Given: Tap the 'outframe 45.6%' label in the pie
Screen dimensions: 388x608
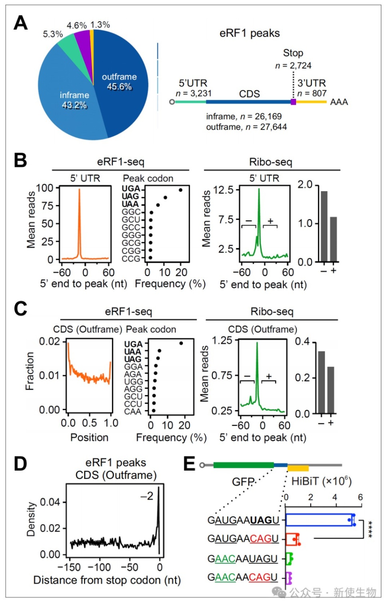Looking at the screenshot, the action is (x=119, y=82).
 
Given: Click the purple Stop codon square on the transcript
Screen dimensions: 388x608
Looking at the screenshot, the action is (x=293, y=102).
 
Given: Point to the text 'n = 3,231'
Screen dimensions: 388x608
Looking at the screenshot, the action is (x=194, y=93).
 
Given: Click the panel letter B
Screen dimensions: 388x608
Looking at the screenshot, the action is (x=20, y=160).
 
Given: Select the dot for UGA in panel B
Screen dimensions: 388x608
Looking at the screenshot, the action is (x=180, y=190).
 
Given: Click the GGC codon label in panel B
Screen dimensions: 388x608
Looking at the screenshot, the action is (x=131, y=212).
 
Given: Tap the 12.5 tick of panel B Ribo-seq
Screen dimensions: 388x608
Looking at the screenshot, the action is (x=223, y=190).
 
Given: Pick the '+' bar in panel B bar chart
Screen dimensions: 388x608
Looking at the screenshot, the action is (x=334, y=239).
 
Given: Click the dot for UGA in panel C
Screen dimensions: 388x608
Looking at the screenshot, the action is (x=181, y=343).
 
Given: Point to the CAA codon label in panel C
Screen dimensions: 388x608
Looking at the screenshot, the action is (x=133, y=412).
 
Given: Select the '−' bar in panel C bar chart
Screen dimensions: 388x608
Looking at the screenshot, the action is (x=322, y=382).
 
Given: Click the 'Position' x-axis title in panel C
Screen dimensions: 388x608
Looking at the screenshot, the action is (x=89, y=438).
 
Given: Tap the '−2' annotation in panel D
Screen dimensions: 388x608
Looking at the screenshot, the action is (x=147, y=496).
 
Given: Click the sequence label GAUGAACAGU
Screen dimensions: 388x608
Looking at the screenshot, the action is (x=243, y=538).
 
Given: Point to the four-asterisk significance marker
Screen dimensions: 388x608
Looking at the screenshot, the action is (x=370, y=529).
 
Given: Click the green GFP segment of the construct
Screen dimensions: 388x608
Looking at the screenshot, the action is (x=244, y=465).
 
